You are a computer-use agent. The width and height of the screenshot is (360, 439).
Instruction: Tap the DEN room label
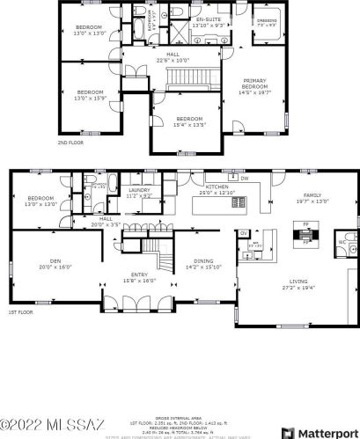pos(55,260)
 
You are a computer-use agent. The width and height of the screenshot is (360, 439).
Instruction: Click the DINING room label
pos(203,260)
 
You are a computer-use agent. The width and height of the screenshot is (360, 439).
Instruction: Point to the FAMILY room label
pos(312,195)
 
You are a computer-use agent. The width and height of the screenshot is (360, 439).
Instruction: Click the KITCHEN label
pos(217,187)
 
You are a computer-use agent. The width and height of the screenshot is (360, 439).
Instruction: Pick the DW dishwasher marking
pos(245,178)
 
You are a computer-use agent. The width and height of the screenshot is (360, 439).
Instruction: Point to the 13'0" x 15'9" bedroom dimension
pos(89,97)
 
